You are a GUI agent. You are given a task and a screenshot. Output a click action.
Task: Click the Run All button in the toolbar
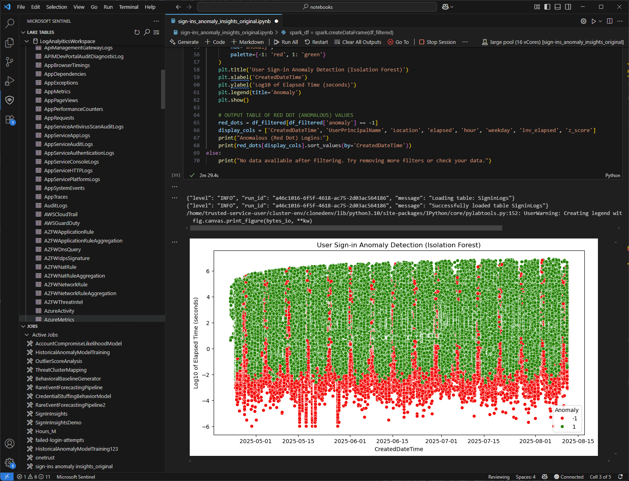coord(286,42)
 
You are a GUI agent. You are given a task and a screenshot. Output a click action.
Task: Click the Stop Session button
coord(437,42)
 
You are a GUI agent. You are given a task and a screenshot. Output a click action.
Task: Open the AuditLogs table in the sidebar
coord(55,205)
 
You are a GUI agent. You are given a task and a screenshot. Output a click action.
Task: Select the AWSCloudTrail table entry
coord(61,214)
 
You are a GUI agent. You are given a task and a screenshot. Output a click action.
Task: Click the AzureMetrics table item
coord(59,319)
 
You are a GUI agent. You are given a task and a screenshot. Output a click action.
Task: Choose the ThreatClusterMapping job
coord(61,370)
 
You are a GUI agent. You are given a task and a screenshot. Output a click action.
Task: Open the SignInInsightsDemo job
coord(58,422)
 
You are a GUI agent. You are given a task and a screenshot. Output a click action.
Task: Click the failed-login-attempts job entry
coord(59,440)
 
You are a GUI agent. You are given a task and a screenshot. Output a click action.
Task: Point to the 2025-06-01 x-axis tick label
coord(350,441)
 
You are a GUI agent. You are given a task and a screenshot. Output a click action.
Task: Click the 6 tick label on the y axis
coord(208,271)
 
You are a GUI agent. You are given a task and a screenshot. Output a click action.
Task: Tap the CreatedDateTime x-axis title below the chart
coord(399,449)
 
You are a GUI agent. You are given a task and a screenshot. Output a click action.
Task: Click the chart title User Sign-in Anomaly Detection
coord(399,245)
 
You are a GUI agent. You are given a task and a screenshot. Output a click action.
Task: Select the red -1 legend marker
coord(562,418)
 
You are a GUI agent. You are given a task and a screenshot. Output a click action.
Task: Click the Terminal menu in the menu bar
coord(128,7)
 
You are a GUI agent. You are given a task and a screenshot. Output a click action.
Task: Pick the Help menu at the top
coord(150,7)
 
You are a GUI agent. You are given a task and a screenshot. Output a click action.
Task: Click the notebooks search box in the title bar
coord(317,7)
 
